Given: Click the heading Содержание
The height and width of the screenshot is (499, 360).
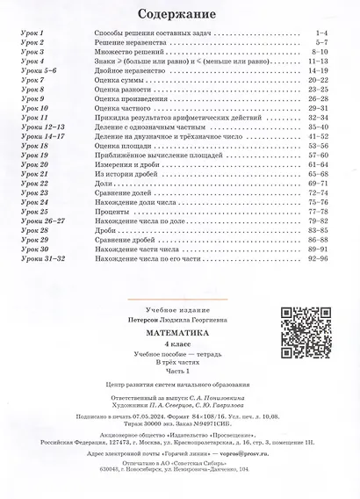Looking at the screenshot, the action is (x=180, y=14).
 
